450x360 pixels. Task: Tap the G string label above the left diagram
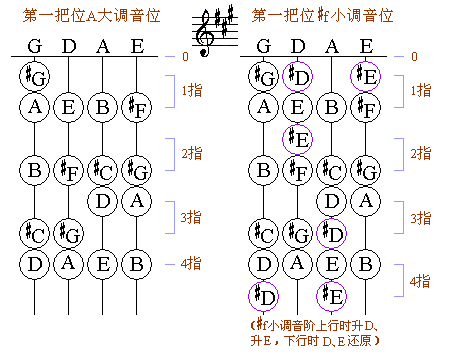pos(36,45)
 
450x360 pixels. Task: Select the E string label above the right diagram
pos(366,45)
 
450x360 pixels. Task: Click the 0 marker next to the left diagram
pos(184,57)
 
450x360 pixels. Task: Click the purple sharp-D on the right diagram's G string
pos(264,295)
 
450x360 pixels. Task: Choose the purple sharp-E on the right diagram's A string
pos(332,295)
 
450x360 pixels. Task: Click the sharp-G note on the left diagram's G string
pos(36,75)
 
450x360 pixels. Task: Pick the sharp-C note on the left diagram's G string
pos(36,233)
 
